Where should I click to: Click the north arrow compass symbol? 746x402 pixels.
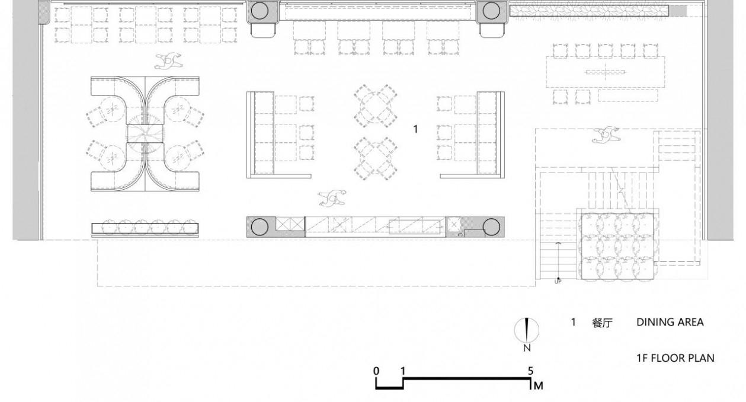pyautogui.click(x=527, y=330)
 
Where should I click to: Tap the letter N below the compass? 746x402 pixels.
pyautogui.click(x=527, y=349)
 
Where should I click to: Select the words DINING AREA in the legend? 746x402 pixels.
pyautogui.click(x=670, y=323)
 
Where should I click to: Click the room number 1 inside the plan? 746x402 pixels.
pyautogui.click(x=415, y=129)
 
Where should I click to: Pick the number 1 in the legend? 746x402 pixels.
pyautogui.click(x=573, y=323)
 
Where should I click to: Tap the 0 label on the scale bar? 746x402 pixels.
pyautogui.click(x=376, y=371)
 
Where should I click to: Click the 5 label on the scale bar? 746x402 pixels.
pyautogui.click(x=531, y=371)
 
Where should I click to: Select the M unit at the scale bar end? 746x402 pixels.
pyautogui.click(x=538, y=386)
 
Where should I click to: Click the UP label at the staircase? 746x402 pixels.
pyautogui.click(x=558, y=281)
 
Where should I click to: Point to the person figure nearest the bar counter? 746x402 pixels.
pyautogui.click(x=332, y=198)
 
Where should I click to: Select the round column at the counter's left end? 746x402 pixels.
pyautogui.click(x=260, y=227)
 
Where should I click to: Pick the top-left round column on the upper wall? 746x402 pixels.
pyautogui.click(x=262, y=10)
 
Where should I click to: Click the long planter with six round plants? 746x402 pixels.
pyautogui.click(x=145, y=228)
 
